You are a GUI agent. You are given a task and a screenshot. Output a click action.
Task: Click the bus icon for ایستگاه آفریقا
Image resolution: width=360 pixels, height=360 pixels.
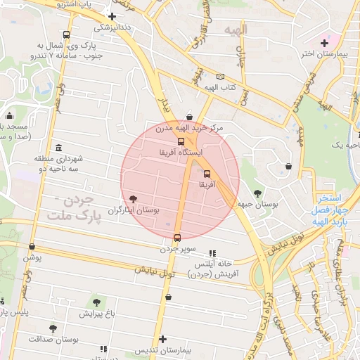pos(181,141)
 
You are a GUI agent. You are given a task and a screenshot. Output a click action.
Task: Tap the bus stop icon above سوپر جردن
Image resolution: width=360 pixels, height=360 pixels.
pos(176,238)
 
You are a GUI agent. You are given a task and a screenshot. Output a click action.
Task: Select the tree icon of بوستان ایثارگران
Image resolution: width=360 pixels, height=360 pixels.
pos(134,199)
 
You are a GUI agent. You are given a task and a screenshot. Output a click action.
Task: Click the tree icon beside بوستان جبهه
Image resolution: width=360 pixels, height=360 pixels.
pos(257,193)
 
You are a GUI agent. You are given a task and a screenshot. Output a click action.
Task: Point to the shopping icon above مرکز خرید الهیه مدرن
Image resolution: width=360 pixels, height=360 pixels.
pos(189,117)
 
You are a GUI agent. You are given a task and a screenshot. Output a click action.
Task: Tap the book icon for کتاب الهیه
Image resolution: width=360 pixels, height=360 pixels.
pos(221,77)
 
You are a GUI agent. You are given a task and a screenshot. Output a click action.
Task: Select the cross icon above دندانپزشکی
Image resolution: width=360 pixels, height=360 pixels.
pos(112,16)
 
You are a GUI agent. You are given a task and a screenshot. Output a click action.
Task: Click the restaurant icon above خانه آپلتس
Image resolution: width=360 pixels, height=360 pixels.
pos(212,253)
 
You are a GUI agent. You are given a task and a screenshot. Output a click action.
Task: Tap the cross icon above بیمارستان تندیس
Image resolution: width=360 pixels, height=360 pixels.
pos(164,339)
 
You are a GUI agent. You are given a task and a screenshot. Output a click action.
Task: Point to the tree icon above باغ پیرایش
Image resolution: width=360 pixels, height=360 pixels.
pos(96,302)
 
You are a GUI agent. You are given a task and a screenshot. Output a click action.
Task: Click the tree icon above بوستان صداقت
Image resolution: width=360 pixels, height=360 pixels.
pos(53,328)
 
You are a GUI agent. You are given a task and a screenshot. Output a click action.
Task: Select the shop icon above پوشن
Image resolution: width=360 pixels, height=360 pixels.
pos(32,247)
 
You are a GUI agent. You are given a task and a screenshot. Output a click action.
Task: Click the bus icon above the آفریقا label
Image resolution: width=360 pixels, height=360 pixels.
pos(207,174)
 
